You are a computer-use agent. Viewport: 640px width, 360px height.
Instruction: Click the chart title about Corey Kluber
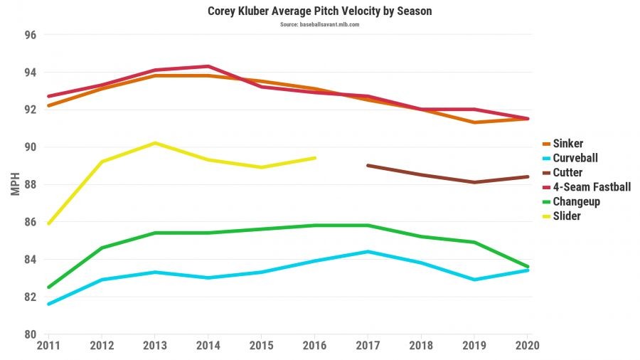[319, 11]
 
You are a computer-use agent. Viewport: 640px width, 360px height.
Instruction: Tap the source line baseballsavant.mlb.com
[319, 24]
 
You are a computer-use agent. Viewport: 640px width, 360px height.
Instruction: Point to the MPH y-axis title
[15, 184]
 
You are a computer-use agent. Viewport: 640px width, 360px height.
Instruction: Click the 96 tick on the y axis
[31, 35]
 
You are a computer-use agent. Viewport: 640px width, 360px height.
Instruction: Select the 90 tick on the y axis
[31, 147]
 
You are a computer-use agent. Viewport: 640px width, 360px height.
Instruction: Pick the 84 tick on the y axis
[31, 260]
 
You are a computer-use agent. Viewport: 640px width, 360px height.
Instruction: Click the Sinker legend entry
[567, 144]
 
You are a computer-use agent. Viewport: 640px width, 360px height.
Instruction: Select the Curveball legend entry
[575, 158]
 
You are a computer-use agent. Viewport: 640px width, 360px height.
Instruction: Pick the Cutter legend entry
[567, 172]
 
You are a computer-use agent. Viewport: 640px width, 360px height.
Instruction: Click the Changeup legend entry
[576, 201]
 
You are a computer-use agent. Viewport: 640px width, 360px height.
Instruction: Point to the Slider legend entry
[566, 216]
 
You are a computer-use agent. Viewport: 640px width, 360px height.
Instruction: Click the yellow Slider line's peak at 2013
[155, 143]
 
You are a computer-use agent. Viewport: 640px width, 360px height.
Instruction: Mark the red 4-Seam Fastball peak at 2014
[208, 66]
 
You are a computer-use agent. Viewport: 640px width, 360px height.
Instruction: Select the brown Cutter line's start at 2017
[368, 165]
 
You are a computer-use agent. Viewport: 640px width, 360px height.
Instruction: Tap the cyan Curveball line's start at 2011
[48, 304]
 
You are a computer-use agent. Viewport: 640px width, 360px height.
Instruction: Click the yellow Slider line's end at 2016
[314, 158]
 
